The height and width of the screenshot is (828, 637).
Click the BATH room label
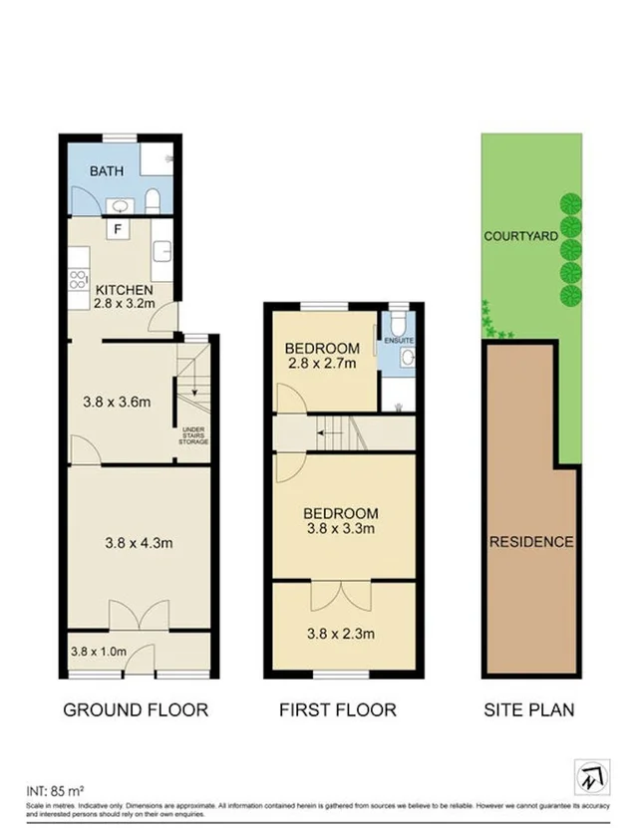(x=107, y=171)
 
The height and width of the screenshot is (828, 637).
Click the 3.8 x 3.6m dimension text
(x=116, y=403)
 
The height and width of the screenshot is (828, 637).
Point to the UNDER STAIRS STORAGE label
(x=193, y=434)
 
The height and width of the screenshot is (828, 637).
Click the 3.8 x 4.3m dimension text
(x=139, y=543)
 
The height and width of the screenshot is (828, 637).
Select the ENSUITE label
(x=401, y=341)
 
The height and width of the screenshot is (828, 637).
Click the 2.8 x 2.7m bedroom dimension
(x=321, y=365)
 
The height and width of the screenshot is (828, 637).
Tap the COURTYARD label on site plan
(x=518, y=237)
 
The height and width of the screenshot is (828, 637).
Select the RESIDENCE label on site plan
(x=530, y=542)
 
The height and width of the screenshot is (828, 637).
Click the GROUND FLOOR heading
(x=136, y=710)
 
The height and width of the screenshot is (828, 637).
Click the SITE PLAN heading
(x=528, y=710)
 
